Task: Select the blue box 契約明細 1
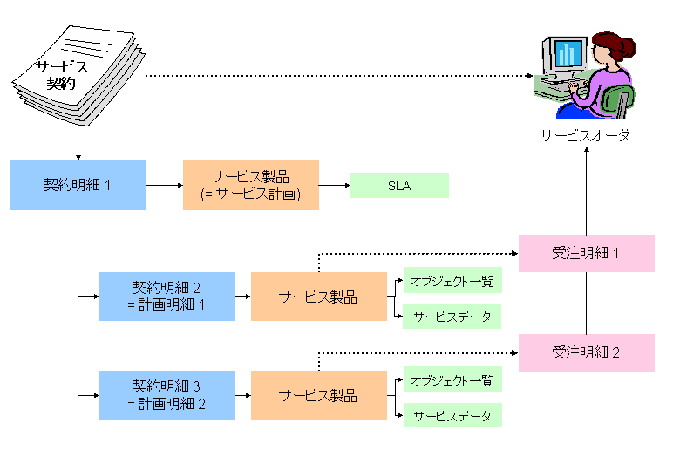click(x=78, y=185)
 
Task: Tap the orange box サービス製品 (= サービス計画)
click(x=251, y=185)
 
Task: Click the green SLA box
click(x=399, y=185)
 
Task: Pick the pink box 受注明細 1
click(x=586, y=253)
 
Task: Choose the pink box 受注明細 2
click(x=586, y=352)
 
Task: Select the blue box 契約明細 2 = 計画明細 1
click(x=167, y=297)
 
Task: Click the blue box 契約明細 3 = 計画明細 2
click(x=167, y=395)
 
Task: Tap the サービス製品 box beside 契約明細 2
click(x=318, y=297)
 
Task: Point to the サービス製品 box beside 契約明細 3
click(x=318, y=395)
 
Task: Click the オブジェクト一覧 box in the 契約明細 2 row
click(x=452, y=280)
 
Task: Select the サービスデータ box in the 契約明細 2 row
click(x=452, y=316)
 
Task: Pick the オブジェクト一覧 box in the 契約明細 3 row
click(x=452, y=380)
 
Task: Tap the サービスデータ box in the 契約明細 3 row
click(x=452, y=415)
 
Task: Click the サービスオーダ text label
click(x=584, y=136)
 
